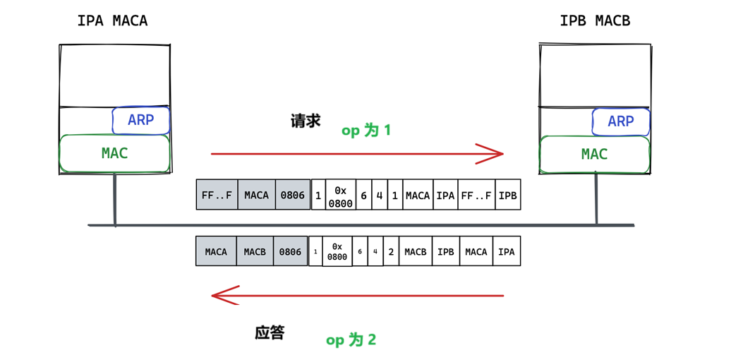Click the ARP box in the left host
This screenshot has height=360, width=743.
[x=140, y=121]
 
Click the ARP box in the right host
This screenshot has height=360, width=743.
[x=621, y=122]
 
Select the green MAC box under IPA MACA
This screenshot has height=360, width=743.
[x=115, y=154]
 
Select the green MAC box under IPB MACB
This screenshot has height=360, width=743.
[x=595, y=155]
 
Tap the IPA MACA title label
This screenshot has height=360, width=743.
[x=113, y=21]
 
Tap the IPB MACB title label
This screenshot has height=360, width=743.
[x=595, y=21]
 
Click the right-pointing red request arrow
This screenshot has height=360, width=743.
[x=357, y=154]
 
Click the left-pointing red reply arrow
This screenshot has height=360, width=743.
[x=357, y=296]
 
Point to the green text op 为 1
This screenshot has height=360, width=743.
[x=366, y=131]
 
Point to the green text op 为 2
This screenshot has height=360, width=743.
[x=351, y=340]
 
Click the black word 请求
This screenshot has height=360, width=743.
[x=306, y=121]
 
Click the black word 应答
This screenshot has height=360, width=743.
[x=270, y=333]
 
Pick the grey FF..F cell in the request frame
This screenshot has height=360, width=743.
[x=217, y=194]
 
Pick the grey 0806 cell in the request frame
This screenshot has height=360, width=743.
[x=293, y=194]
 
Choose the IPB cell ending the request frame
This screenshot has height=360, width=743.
[x=508, y=194]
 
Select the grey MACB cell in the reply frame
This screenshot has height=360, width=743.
[x=255, y=251]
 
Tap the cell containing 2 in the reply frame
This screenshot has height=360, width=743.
[x=391, y=251]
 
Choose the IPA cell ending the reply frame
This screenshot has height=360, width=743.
[x=507, y=251]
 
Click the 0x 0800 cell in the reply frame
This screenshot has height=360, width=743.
[x=337, y=251]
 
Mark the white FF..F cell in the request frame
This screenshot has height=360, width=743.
[x=477, y=194]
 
